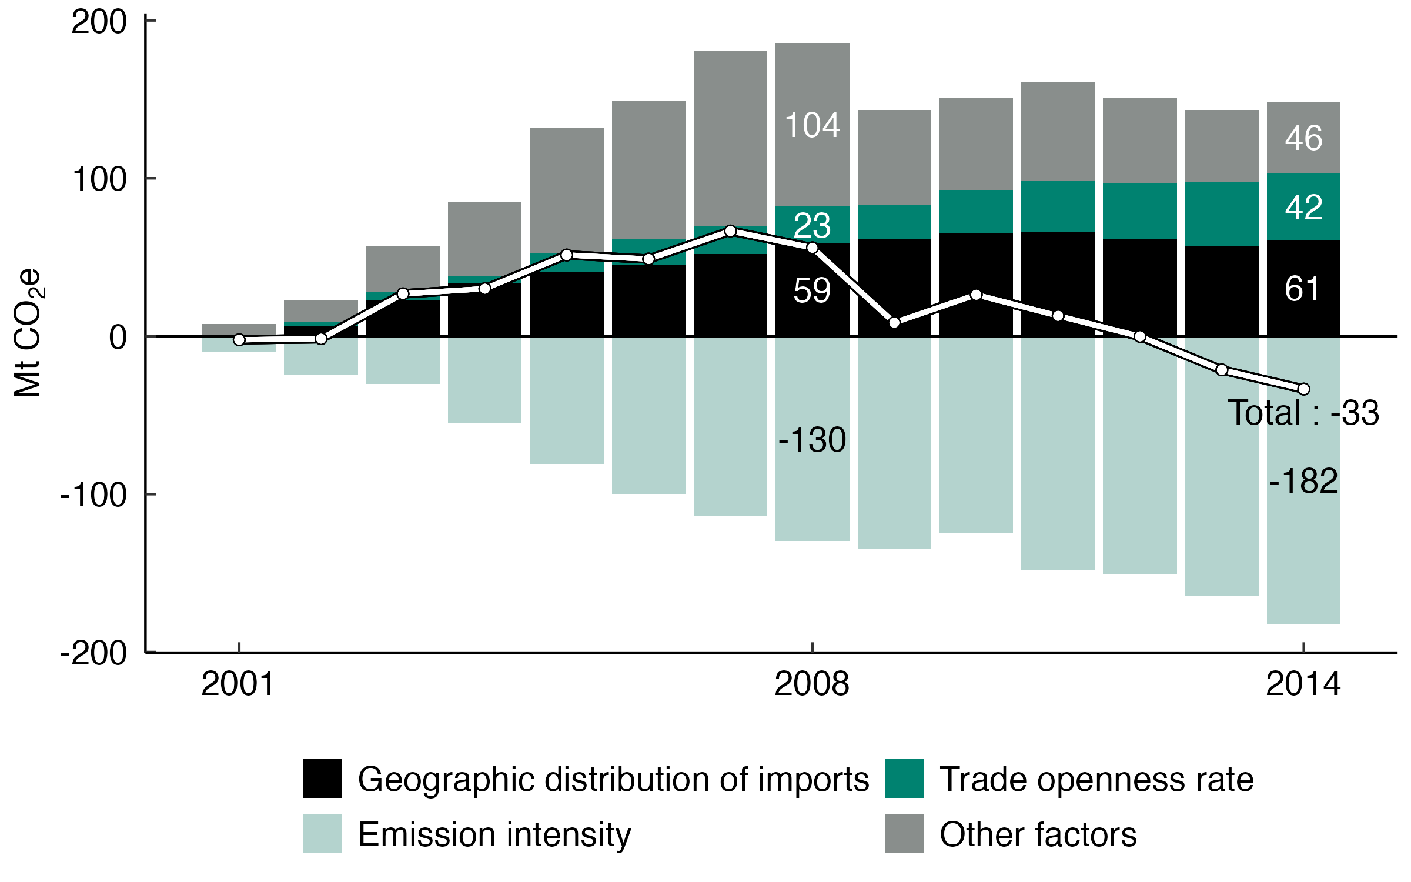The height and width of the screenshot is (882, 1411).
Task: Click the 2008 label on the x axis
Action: tap(812, 684)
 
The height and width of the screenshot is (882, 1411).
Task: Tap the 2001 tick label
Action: tap(238, 684)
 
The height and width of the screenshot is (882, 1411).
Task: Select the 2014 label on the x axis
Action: tap(1303, 684)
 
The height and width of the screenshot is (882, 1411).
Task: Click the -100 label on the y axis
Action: tap(93, 495)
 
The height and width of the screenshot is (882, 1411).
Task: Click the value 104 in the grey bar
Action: tap(812, 126)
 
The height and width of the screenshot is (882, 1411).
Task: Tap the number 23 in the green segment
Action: tap(812, 226)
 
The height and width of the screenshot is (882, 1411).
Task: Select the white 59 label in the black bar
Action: tap(812, 290)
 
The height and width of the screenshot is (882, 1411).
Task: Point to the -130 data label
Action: tap(812, 440)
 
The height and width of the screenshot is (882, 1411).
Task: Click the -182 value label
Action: tap(1303, 481)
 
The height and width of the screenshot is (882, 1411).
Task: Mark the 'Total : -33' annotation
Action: tap(1303, 413)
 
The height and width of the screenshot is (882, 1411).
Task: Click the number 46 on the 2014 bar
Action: tap(1303, 139)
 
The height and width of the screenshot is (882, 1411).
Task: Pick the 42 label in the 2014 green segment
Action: tap(1303, 208)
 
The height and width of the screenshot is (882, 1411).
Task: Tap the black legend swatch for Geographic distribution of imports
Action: tap(322, 779)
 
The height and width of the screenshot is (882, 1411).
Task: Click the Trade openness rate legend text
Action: tap(1096, 780)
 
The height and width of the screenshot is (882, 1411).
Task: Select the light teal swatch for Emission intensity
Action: tap(322, 834)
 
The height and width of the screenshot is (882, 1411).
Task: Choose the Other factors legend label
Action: tap(1038, 834)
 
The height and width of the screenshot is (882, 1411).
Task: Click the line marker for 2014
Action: tap(1303, 389)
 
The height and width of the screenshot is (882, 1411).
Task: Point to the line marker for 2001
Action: tap(239, 340)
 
